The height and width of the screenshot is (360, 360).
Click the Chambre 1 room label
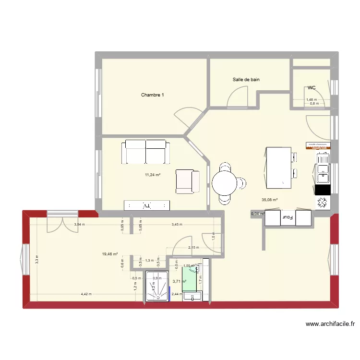152,95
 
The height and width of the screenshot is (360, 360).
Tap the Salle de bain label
246,80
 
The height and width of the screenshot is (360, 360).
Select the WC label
312,88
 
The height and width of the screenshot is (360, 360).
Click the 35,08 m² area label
269,200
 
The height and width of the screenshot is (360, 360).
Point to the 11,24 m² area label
152,175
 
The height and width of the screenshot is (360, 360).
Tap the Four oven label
288,217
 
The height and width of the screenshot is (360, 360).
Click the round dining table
225,182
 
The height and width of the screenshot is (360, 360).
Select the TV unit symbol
147,205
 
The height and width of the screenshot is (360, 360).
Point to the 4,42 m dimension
86,294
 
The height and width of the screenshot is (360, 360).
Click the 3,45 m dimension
178,225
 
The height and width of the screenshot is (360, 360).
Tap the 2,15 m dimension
193,248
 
